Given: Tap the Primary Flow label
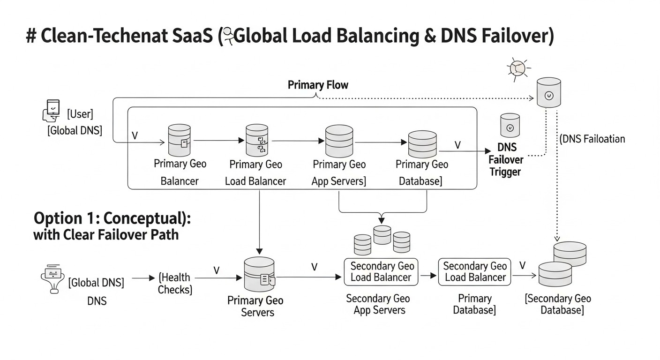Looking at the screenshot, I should point(318,85).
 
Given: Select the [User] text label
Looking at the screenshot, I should point(80,114).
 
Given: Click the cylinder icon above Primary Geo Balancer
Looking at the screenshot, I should point(180,140).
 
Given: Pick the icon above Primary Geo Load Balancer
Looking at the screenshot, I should point(257,140).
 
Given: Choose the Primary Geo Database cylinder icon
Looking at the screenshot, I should point(422,144).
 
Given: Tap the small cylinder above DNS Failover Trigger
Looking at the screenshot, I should point(510,125).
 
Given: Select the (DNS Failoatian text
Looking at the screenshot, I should point(592,139).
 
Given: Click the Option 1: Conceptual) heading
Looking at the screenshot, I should point(112,219).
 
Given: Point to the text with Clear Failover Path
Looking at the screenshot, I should point(106,234).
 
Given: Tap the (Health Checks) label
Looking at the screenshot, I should point(175,284).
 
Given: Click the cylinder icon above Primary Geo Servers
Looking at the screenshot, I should point(259,275).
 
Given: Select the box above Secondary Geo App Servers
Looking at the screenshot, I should point(382,271).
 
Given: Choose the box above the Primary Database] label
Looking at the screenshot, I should point(474,271).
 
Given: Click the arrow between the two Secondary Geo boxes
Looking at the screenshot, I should point(428,276).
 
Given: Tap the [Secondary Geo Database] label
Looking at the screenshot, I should point(558,304).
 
